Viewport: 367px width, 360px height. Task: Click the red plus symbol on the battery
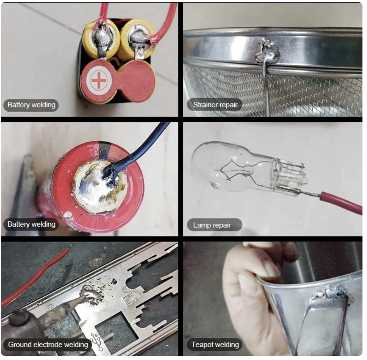(x=99, y=80)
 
